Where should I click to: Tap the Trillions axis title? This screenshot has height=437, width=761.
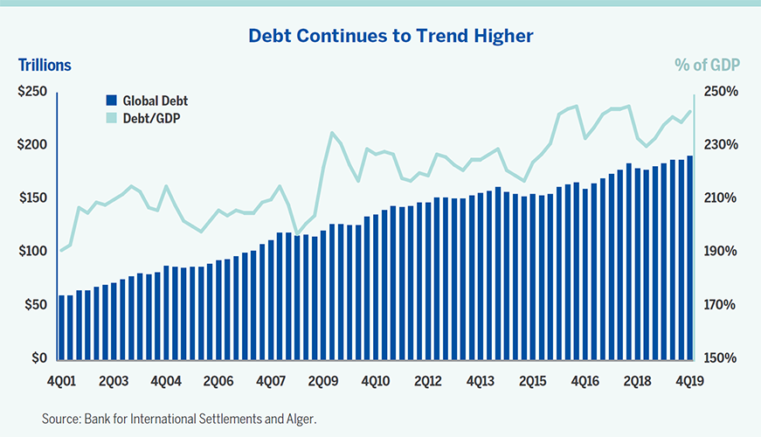tap(45, 65)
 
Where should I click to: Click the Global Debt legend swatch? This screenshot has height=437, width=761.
tap(111, 101)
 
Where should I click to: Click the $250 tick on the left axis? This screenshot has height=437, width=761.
tap(33, 91)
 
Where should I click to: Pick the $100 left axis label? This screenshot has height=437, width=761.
tap(33, 252)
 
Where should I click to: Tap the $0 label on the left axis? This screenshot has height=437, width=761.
tap(38, 358)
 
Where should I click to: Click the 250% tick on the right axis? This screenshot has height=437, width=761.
tap(721, 91)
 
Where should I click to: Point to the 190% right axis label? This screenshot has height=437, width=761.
tap(721, 252)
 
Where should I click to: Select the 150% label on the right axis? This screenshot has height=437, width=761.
tap(721, 358)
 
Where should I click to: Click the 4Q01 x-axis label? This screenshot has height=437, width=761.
tap(62, 382)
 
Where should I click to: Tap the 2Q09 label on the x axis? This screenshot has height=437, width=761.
tap(323, 382)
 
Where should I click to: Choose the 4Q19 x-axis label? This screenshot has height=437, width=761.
tap(689, 382)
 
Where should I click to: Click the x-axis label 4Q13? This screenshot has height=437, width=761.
tap(480, 382)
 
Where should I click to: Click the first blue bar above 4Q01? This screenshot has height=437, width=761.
tap(61, 327)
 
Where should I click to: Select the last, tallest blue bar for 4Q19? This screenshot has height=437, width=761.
tap(689, 257)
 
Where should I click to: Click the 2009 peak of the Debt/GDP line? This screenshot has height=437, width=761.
tap(332, 133)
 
